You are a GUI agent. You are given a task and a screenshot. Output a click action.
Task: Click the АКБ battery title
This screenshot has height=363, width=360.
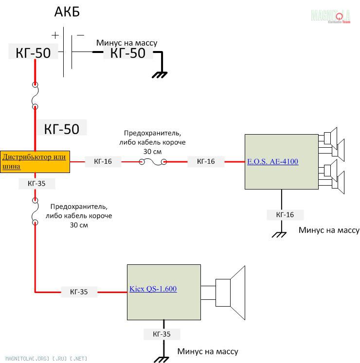click(x=67, y=12)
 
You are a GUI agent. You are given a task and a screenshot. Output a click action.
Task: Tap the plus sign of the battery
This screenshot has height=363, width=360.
click(x=55, y=35)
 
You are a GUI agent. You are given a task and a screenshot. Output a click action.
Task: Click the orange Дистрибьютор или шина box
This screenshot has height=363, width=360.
click(x=35, y=161)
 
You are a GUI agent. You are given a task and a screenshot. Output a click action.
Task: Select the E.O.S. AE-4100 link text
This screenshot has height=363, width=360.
click(x=272, y=162)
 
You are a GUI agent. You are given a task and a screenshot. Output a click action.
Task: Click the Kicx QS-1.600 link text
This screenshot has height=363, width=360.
click(x=153, y=289)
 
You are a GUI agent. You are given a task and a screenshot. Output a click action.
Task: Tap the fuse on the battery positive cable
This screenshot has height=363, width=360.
click(x=35, y=96)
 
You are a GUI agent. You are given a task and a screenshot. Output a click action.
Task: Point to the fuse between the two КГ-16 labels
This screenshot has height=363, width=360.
click(x=152, y=162)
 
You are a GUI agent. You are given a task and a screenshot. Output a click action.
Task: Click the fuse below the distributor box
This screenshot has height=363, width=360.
click(x=35, y=211)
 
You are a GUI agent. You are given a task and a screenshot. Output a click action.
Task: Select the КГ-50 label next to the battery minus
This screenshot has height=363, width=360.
click(x=128, y=53)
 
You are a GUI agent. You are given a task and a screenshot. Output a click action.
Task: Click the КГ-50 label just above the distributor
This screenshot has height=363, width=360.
click(x=61, y=128)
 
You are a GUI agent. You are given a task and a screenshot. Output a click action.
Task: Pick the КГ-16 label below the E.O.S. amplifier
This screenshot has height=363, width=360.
click(x=285, y=214)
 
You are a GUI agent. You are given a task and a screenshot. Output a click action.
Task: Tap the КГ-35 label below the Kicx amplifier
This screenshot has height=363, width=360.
click(x=162, y=334)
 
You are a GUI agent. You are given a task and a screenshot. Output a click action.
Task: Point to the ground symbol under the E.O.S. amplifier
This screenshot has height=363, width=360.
click(x=279, y=234)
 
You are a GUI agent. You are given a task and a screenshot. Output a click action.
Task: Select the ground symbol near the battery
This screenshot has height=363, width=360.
click(x=160, y=74)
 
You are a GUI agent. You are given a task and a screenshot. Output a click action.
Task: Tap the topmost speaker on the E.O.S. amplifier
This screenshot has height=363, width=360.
click(x=331, y=136)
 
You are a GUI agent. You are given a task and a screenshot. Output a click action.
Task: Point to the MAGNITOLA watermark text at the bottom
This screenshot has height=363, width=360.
click(x=44, y=358)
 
